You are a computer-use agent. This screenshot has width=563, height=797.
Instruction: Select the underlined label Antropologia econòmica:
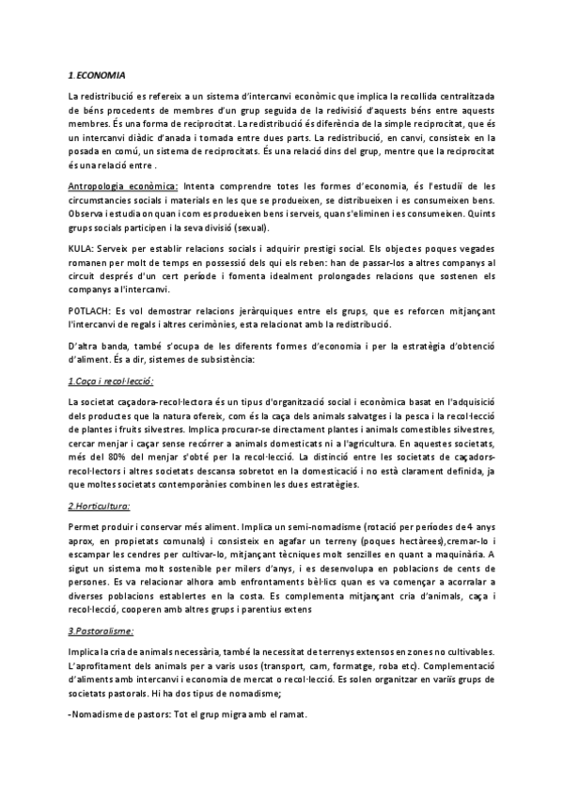coord(123,187)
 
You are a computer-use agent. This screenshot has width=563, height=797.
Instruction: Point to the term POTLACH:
coord(90,312)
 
